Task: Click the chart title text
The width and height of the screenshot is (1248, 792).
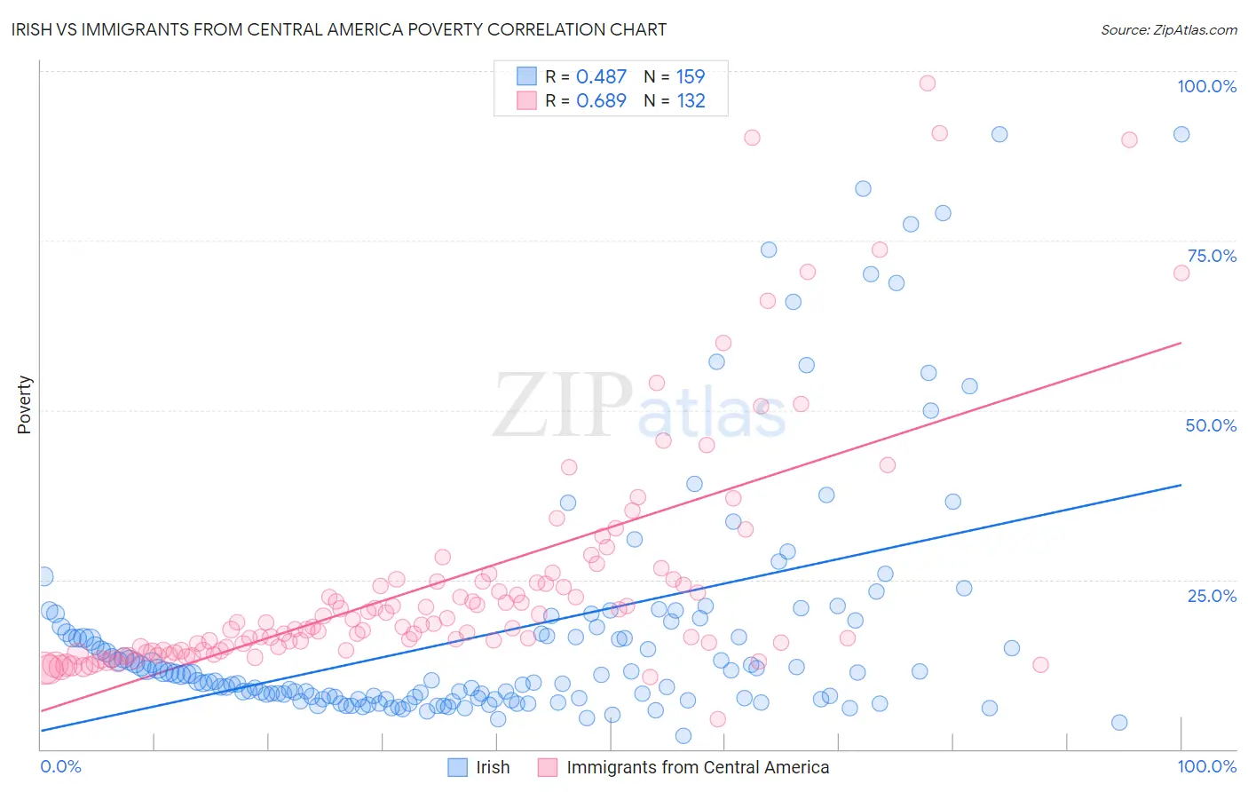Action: point(338,29)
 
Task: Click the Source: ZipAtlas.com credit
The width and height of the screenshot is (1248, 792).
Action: point(1168,29)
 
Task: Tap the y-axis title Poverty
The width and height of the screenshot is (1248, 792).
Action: point(24,404)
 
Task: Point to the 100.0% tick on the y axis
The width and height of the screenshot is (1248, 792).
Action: point(1206,86)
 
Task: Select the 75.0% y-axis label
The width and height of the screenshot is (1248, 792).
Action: point(1212,256)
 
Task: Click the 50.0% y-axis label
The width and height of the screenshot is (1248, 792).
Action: point(1211,425)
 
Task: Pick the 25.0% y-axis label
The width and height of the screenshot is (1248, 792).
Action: point(1212,596)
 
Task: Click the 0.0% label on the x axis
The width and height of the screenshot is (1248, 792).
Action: point(60,766)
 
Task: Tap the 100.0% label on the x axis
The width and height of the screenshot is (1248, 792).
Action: point(1206,766)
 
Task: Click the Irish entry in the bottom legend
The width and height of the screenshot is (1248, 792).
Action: point(493,767)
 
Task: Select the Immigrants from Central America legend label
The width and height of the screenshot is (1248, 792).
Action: point(698,767)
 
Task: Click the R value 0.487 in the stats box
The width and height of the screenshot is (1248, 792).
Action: point(601,77)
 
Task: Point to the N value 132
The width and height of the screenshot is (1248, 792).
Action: point(691,101)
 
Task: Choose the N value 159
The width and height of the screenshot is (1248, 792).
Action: point(691,77)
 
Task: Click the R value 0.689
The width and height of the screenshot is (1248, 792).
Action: point(601,101)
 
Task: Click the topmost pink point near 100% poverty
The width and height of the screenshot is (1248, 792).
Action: point(928,83)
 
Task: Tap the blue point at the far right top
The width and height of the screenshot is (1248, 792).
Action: point(1181,134)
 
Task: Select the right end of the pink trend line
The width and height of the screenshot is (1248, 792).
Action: point(1181,342)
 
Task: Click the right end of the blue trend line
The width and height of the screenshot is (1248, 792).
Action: point(1181,485)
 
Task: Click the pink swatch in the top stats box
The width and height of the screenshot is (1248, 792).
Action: point(527,100)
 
